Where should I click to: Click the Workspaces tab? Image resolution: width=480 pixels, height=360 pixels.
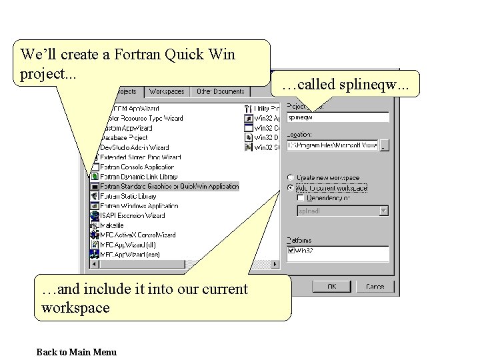click(167, 91)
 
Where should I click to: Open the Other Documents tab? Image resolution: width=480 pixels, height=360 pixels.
click(220, 91)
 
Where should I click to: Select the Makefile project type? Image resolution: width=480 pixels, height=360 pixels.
click(113, 225)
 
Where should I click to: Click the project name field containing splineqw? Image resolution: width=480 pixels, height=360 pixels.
click(337, 117)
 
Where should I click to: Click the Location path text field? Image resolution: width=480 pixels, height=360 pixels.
click(332, 145)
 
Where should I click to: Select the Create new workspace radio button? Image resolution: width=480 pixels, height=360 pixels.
click(290, 178)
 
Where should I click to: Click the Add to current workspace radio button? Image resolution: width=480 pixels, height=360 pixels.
click(290, 188)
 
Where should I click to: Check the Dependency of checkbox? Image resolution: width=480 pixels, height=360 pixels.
click(301, 198)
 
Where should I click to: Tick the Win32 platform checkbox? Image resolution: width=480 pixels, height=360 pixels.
click(291, 251)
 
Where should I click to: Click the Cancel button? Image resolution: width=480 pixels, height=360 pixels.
click(374, 286)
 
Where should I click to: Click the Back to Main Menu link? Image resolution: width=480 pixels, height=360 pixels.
click(76, 352)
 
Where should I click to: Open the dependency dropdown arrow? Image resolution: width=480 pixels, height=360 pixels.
click(383, 211)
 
